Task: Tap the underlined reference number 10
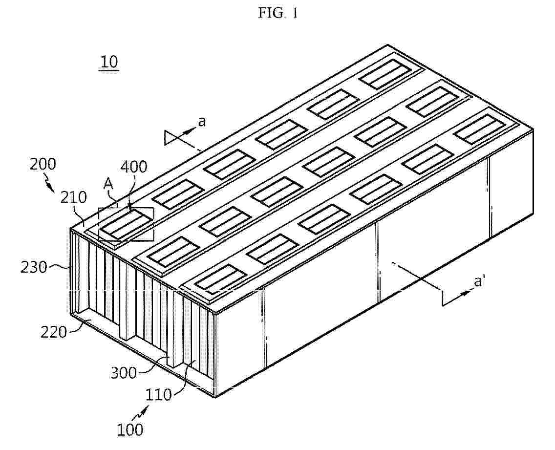[x=109, y=62]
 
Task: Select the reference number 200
[x=43, y=164]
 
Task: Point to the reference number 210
[x=73, y=197]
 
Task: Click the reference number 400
[x=134, y=167]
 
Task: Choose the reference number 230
[x=34, y=267]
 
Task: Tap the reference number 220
[x=53, y=332]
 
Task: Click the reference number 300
[x=123, y=373]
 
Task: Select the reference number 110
[x=158, y=394]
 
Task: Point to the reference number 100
[x=130, y=429]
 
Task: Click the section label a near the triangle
[x=201, y=122]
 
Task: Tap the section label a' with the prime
[x=479, y=281]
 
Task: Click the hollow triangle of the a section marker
[x=170, y=137]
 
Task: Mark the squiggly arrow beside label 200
[x=49, y=185]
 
